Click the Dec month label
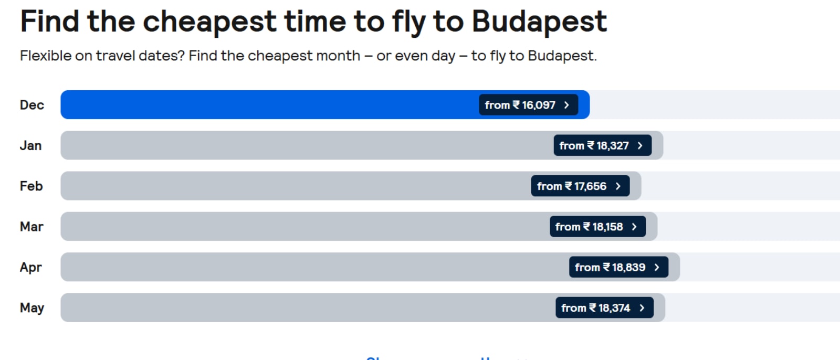coord(32,105)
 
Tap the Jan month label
coord(30,145)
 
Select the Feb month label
coord(31,186)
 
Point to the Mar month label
coord(31,227)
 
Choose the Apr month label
coord(30,267)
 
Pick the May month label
coord(32,308)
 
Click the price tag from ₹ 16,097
coord(528,105)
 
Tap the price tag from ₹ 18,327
coord(602,145)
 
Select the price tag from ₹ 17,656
coord(580,186)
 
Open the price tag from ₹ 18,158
coord(597,227)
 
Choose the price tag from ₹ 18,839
coord(618,267)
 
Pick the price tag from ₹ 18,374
coord(604,308)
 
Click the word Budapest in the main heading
coord(539,22)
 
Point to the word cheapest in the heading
coord(209,22)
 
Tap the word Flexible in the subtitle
coord(45,56)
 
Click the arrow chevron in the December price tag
coord(566,105)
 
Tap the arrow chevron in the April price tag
coord(657,267)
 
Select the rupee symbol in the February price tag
coord(569,186)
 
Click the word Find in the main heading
coord(49,22)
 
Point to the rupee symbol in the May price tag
coord(593,308)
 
